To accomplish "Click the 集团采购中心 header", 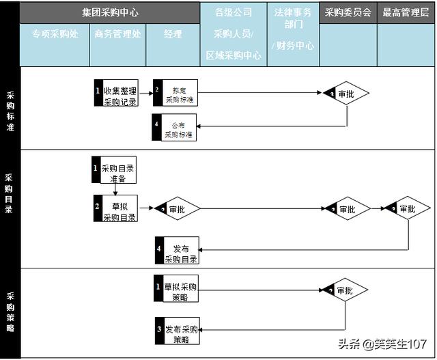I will pyautogui.click(x=109, y=12).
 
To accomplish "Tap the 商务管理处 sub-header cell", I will pyautogui.click(x=117, y=34).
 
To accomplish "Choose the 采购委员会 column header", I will pyautogui.click(x=348, y=12).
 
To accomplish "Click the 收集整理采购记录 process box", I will pyautogui.click(x=116, y=95).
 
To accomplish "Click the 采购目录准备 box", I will pyautogui.click(x=114, y=171).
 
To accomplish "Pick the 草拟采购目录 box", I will pyautogui.click(x=115, y=209).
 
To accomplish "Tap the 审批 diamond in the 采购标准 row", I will pyautogui.click(x=346, y=94).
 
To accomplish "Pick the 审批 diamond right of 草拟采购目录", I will pyautogui.click(x=178, y=209).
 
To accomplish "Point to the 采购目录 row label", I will pyautogui.click(x=9, y=193).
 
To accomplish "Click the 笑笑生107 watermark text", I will pyautogui.click(x=399, y=344).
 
